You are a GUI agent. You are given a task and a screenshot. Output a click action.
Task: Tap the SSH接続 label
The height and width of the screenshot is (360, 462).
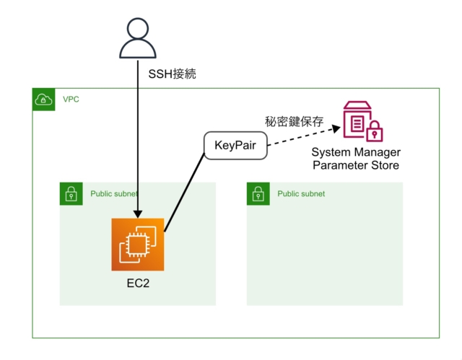point(173,74)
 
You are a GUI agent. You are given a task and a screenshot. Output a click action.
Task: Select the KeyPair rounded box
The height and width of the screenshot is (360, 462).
point(235,146)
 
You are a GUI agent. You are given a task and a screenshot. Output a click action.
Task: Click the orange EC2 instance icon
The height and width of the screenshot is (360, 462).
point(138,245)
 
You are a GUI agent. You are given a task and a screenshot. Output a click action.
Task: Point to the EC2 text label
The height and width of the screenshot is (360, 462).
point(138,282)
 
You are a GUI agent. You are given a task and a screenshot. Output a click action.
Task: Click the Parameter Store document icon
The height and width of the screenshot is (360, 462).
point(357,121)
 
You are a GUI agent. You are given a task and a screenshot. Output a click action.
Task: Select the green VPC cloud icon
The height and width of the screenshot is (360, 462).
point(44,100)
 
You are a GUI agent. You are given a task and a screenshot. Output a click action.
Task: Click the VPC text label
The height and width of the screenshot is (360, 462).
point(71,99)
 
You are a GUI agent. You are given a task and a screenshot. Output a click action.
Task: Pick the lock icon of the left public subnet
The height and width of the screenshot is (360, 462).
point(71,194)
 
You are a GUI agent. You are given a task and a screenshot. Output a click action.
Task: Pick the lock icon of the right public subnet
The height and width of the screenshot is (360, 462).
point(258,194)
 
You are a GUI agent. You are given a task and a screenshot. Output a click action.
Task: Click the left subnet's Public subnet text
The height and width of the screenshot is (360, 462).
point(114,194)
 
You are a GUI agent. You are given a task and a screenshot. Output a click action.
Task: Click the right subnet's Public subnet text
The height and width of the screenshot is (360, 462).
point(301,194)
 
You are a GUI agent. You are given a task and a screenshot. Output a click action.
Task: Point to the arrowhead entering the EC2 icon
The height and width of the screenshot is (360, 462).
point(138,214)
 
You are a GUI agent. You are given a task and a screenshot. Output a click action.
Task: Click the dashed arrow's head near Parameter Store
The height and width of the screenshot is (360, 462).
point(335,129)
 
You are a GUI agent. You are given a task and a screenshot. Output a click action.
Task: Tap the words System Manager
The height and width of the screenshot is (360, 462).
point(356,153)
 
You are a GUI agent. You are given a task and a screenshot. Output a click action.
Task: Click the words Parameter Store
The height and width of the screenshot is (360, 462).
point(356,166)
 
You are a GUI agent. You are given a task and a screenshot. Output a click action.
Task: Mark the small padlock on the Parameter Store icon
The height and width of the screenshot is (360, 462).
point(375,133)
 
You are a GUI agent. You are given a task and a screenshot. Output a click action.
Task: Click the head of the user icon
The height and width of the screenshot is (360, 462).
point(138,29)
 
